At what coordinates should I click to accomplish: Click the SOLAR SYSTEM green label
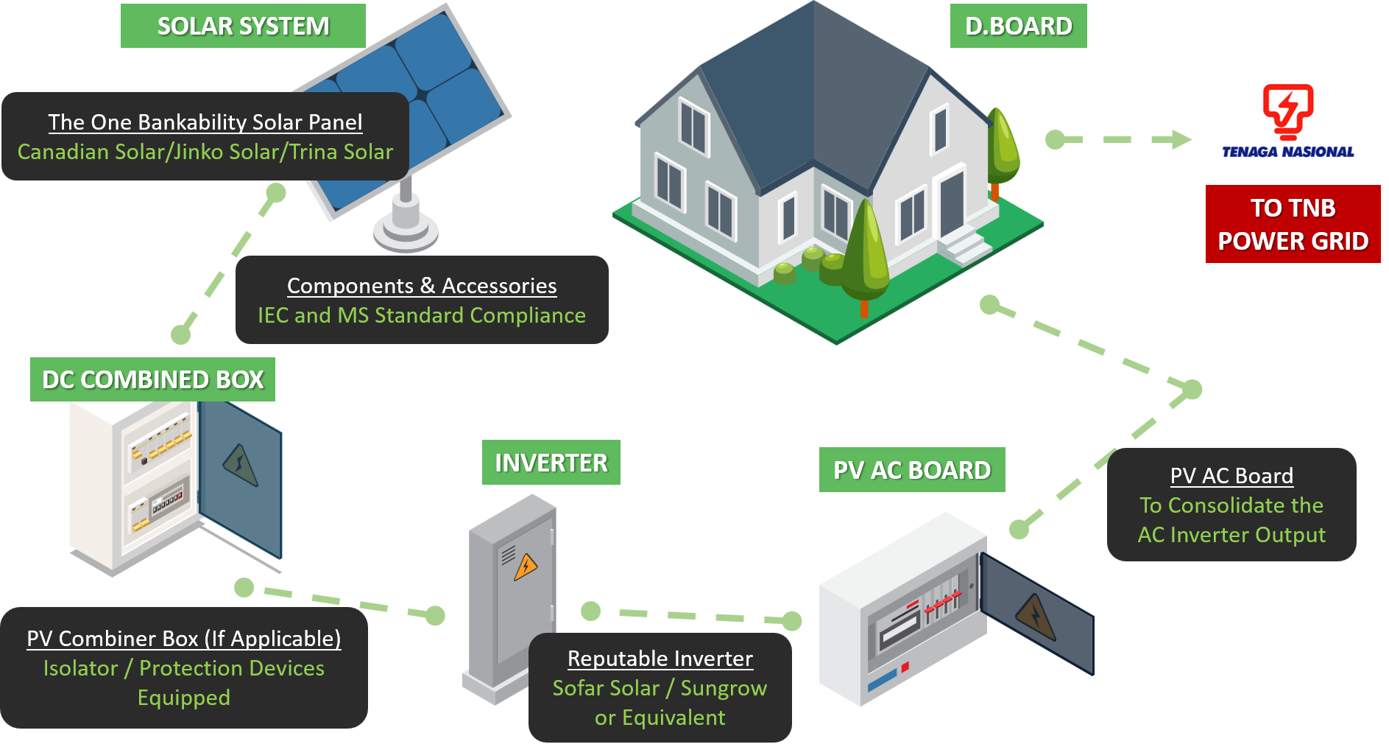(x=243, y=26)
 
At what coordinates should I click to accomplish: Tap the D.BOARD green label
(x=1018, y=26)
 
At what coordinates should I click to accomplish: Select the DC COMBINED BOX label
(x=152, y=379)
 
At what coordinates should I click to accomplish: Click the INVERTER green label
(x=551, y=463)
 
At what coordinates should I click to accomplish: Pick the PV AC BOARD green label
(x=911, y=470)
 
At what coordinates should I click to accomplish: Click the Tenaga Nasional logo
(x=1287, y=122)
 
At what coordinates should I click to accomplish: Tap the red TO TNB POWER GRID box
(x=1293, y=224)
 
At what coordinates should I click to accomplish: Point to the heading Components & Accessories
(x=422, y=286)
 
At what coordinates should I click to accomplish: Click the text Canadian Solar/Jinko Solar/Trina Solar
(x=205, y=152)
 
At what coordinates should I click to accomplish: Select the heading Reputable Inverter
(x=660, y=659)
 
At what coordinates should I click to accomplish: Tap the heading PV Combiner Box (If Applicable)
(x=184, y=639)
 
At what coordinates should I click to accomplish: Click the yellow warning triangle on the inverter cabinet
(x=526, y=567)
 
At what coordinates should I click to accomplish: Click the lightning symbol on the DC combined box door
(x=240, y=466)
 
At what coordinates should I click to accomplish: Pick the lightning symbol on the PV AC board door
(x=1036, y=616)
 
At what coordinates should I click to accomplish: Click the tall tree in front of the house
(x=865, y=250)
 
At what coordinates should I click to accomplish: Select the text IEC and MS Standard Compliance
(x=422, y=315)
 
